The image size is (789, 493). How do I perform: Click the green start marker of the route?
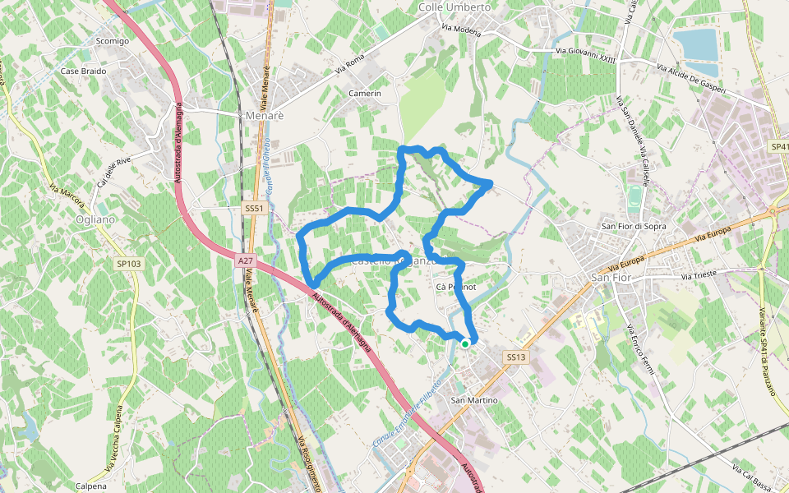pos(465,344)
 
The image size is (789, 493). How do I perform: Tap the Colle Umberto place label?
pos(454,7)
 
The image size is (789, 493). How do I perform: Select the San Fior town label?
pos(611,278)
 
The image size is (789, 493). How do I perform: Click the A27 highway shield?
pos(245,261)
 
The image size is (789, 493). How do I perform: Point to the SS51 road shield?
pos(254,209)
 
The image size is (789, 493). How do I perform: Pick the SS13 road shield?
pos(515,357)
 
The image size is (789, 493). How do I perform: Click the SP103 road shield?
pos(129,264)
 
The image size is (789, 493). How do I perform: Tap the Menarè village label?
pos(265,116)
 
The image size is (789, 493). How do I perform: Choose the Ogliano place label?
pos(94,220)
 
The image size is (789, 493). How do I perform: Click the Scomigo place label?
pos(113,40)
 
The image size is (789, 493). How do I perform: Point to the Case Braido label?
pos(83,71)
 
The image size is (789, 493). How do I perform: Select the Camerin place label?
pos(365,94)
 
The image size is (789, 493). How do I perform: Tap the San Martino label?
pos(474,400)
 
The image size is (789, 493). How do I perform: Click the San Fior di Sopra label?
pos(633,226)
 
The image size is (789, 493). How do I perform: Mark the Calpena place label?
pos(90,486)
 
